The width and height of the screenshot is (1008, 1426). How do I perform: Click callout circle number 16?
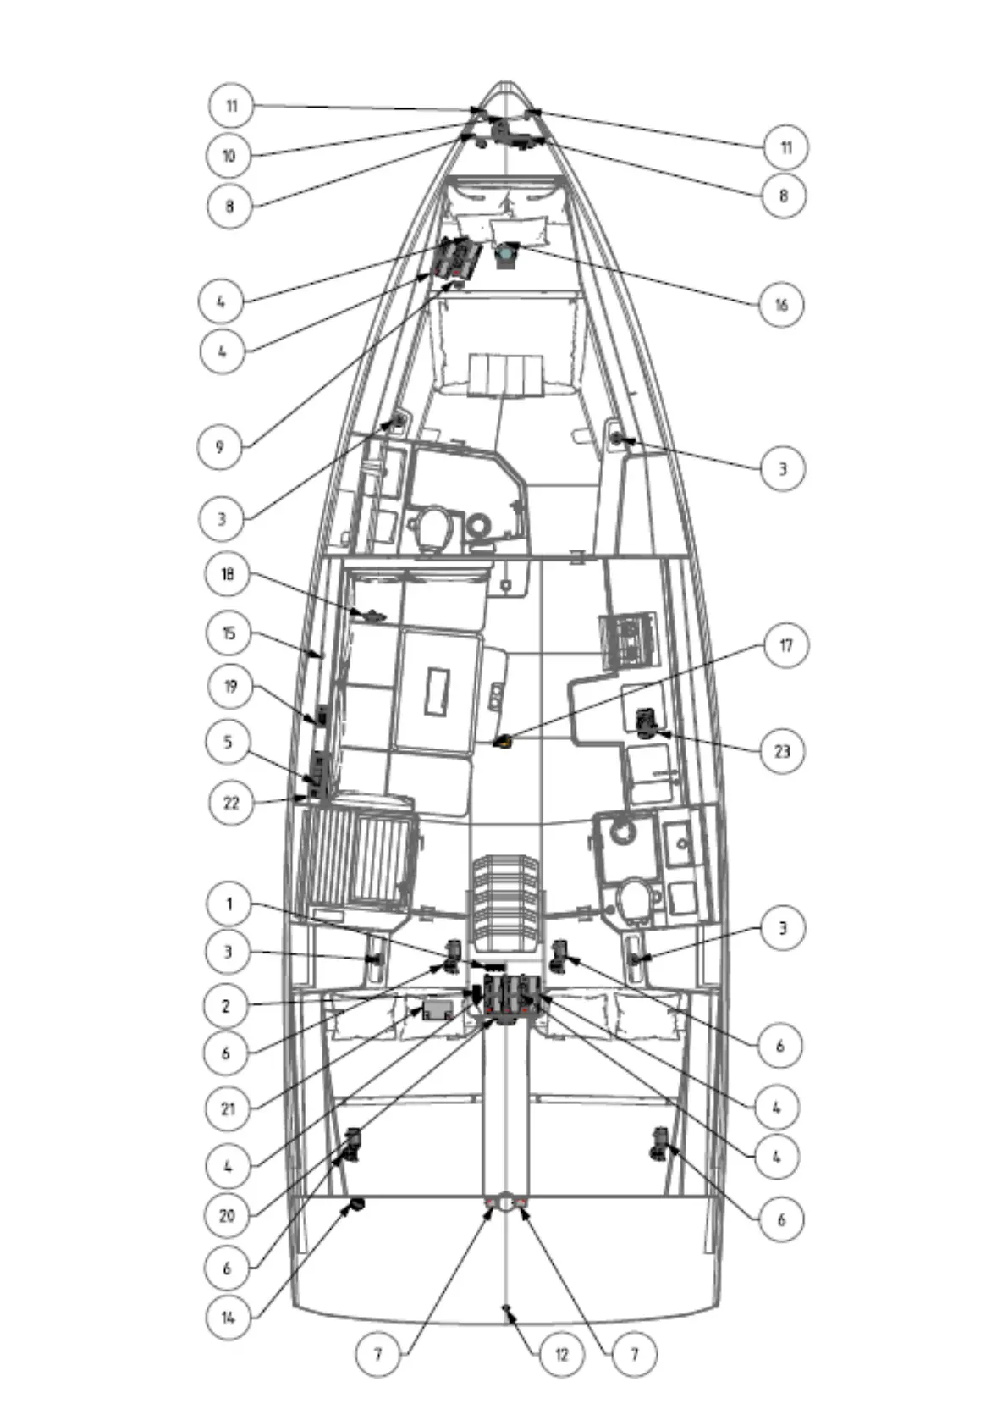click(780, 304)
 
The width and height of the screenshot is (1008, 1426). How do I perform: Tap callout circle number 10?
click(229, 156)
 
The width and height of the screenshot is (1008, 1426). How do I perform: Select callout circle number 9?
click(220, 446)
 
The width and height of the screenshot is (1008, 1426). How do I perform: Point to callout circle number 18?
click(228, 574)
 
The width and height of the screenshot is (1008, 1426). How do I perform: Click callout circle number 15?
click(229, 633)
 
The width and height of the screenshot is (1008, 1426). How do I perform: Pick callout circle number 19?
click(229, 686)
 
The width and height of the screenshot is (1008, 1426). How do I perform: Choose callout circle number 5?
click(228, 743)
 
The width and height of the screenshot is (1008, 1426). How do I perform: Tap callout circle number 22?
click(231, 802)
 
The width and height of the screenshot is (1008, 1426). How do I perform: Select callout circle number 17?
click(786, 645)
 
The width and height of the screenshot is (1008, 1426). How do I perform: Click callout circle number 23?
click(781, 750)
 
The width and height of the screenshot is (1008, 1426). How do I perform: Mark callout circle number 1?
click(229, 904)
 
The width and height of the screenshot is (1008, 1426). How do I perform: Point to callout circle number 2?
click(226, 1006)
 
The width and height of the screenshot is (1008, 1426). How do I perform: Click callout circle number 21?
click(229, 1108)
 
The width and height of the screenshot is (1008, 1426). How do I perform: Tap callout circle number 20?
click(227, 1216)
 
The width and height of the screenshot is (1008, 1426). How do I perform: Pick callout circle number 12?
click(561, 1354)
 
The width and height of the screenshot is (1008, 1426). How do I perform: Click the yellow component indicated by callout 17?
click(503, 742)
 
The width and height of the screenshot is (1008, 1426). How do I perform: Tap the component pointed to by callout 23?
click(647, 723)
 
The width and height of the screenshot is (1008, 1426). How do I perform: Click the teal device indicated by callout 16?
click(507, 253)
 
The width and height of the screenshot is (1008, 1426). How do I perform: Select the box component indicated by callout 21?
click(438, 1009)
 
